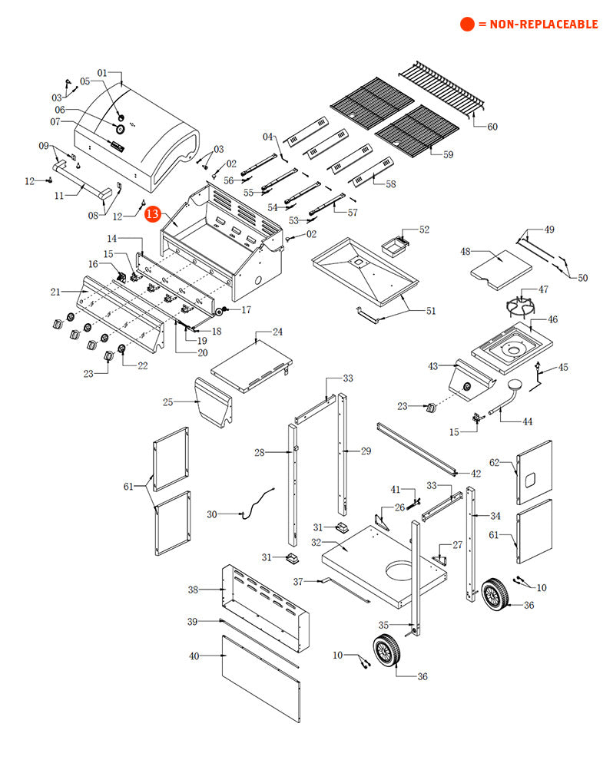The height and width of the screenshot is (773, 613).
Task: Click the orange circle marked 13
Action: click(154, 213)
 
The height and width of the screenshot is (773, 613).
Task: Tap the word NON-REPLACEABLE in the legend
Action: click(543, 25)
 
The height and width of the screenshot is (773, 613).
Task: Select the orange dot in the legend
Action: click(467, 25)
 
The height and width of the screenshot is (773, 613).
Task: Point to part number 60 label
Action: click(492, 127)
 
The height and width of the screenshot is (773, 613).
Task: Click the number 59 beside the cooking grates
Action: click(447, 154)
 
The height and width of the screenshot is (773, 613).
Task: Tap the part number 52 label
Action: click(424, 230)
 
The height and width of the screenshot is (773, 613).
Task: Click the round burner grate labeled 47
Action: click(523, 306)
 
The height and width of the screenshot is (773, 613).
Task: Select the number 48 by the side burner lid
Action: click(466, 251)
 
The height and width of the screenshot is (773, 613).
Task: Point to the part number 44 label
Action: click(527, 421)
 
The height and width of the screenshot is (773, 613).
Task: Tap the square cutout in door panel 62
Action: click(529, 478)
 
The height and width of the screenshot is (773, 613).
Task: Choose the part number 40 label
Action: click(194, 656)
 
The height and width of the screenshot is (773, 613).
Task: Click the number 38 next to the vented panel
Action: click(194, 590)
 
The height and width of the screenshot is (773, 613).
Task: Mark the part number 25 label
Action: click(168, 401)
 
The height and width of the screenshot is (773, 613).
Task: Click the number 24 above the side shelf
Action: click(277, 332)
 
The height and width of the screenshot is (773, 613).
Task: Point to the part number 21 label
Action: click(55, 292)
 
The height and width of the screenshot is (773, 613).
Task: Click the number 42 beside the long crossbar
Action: click(475, 474)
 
